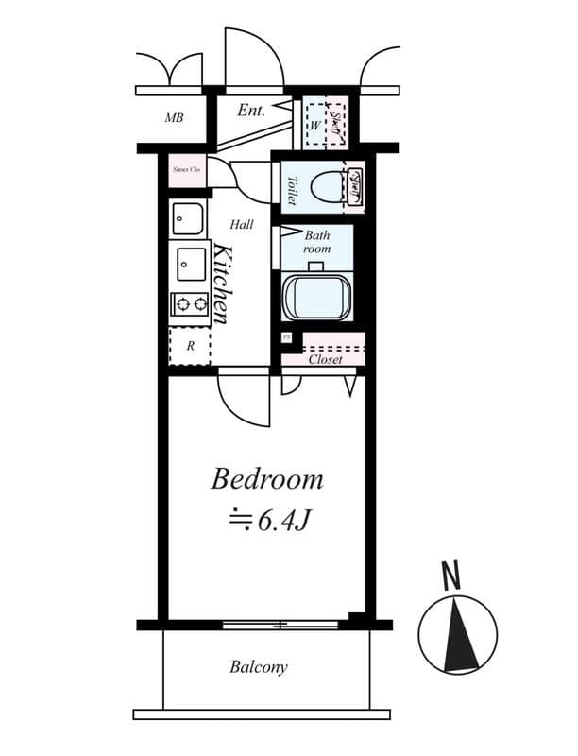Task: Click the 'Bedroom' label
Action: [266, 479]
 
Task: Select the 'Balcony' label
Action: [259, 667]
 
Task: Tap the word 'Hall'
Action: [242, 225]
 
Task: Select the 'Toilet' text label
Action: [292, 190]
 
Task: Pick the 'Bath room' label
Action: [317, 241]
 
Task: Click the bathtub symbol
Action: [318, 297]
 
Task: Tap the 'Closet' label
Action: [325, 359]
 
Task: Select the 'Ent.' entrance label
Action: [250, 111]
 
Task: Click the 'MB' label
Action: [174, 118]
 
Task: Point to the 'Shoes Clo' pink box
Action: [185, 170]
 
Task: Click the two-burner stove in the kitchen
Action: [189, 304]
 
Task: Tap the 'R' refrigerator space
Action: [189, 346]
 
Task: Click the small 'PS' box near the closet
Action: [286, 337]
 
